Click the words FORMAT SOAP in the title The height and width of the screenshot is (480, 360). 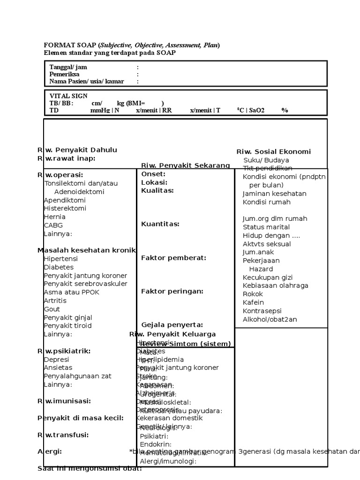[x=70, y=45]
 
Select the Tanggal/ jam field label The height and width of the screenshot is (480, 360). [x=68, y=67]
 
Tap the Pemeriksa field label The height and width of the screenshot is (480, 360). [x=64, y=75]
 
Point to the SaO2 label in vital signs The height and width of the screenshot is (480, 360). [x=257, y=111]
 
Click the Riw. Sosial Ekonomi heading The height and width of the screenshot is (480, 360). [x=273, y=152]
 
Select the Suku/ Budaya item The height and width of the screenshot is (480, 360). [x=266, y=160]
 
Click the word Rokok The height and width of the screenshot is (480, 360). [x=253, y=294]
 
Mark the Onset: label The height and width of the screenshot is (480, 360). [x=153, y=174]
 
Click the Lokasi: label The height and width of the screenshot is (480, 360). [x=154, y=182]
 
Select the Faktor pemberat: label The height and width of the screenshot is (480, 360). [x=173, y=258]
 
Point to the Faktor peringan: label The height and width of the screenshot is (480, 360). [x=172, y=292]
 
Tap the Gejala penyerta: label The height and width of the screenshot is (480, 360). [x=172, y=325]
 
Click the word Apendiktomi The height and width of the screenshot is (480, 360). [x=65, y=200]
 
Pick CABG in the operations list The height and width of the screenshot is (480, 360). [x=53, y=225]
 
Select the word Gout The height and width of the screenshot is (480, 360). [x=52, y=309]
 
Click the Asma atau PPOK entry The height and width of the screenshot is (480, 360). [x=71, y=292]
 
